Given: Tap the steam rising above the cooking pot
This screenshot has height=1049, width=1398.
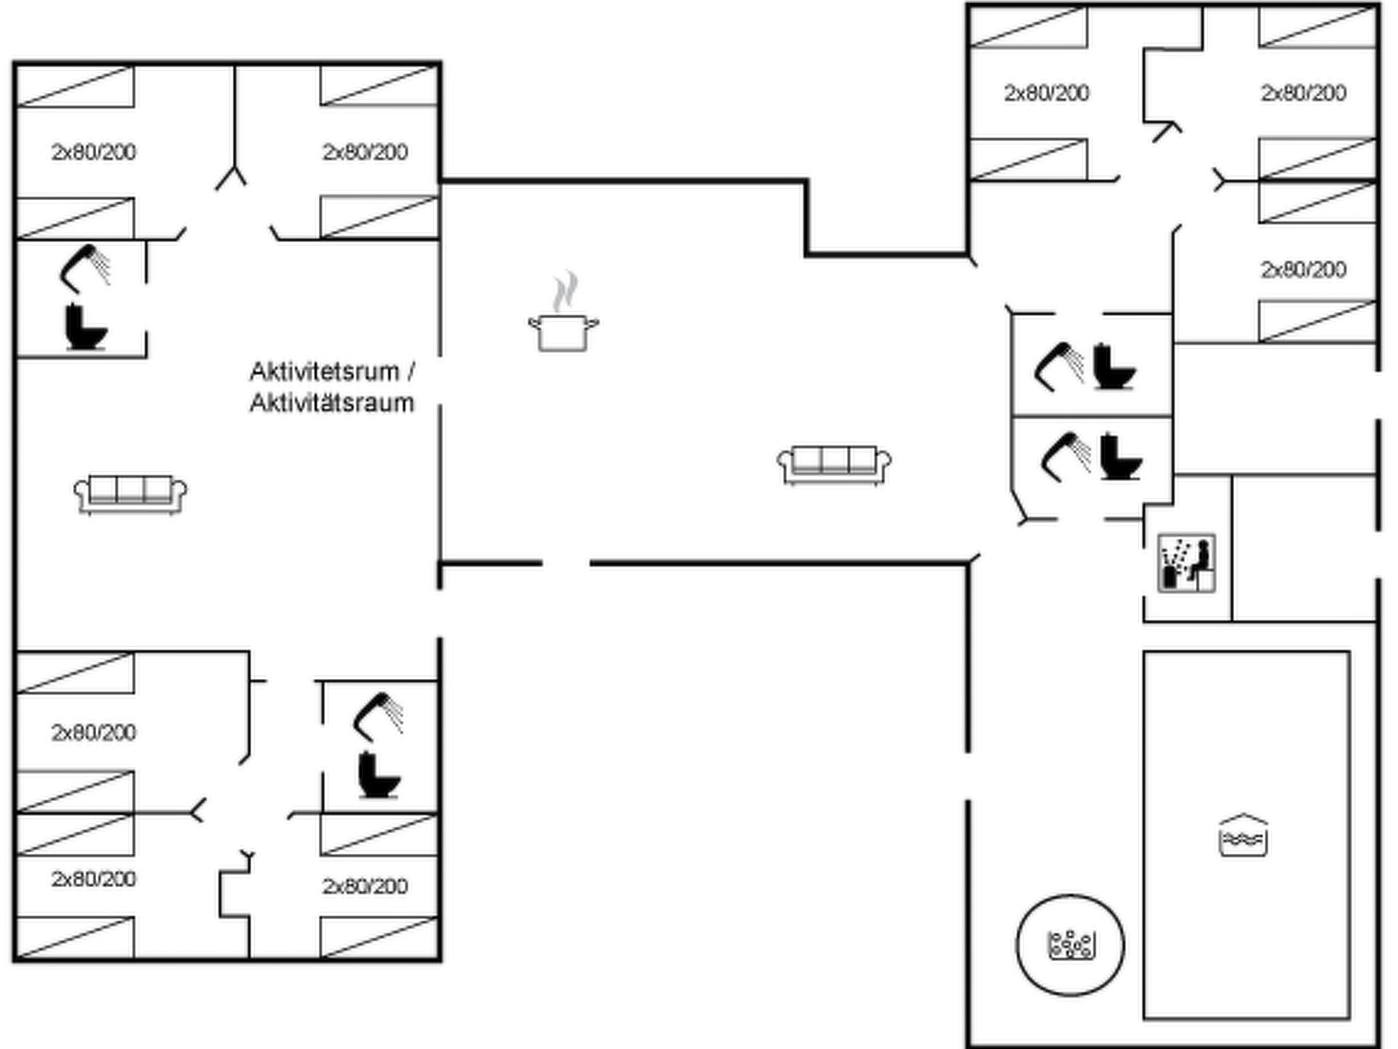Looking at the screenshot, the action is (x=565, y=292).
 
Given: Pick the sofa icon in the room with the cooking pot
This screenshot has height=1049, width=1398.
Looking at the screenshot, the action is (x=834, y=465).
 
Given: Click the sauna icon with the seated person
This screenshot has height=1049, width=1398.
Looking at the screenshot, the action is (x=1187, y=563).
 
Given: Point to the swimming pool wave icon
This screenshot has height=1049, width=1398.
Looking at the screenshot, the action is (x=1243, y=835).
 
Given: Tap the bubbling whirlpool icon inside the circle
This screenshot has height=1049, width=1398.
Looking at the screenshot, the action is (x=1071, y=945).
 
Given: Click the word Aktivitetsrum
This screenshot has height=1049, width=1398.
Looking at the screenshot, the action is (x=324, y=372).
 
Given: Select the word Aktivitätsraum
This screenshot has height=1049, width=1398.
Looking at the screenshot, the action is (x=332, y=403).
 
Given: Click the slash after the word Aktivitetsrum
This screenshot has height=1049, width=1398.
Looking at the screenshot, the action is (x=410, y=372).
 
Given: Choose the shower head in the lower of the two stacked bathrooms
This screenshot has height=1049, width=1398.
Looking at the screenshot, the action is (x=1065, y=457).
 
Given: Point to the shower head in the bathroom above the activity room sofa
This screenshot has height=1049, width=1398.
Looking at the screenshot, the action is (x=85, y=268).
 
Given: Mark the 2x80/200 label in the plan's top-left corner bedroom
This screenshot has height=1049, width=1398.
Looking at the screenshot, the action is (x=94, y=152).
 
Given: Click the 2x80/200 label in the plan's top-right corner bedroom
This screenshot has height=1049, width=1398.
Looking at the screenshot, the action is (x=1303, y=93).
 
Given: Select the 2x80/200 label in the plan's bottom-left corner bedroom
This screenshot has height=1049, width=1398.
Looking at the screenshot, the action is (x=94, y=879).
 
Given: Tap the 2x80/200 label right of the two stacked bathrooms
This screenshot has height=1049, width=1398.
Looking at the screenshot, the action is (x=1303, y=270).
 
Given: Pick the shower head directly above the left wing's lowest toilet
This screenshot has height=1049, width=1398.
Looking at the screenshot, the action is (x=377, y=717).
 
